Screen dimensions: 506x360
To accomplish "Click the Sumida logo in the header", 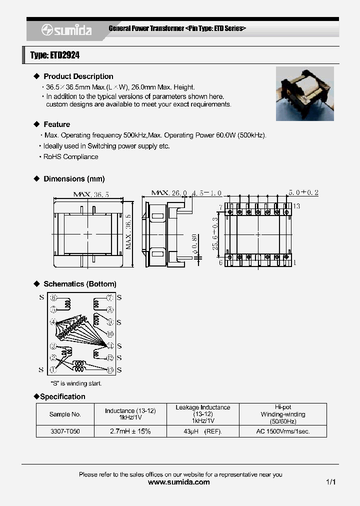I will click(x=66, y=30).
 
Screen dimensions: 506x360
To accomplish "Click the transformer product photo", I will click(x=304, y=94).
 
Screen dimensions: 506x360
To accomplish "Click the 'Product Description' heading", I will click(x=78, y=76).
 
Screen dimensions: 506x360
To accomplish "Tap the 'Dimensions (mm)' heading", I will click(x=74, y=178).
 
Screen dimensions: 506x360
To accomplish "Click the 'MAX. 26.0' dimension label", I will click(x=169, y=193).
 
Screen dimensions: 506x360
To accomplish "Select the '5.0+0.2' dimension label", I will click(x=303, y=192).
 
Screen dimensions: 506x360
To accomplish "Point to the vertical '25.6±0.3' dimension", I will click(x=215, y=233).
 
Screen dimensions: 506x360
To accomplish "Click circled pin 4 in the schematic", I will click(x=53, y=322).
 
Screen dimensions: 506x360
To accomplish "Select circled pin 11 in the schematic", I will click(x=110, y=345).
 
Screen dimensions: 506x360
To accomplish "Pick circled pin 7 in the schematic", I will click(x=110, y=297).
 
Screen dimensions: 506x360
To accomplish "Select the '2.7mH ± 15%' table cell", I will click(x=130, y=431).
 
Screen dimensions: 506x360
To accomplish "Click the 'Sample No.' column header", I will click(x=65, y=414).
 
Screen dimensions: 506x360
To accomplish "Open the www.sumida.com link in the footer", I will click(x=179, y=482).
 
